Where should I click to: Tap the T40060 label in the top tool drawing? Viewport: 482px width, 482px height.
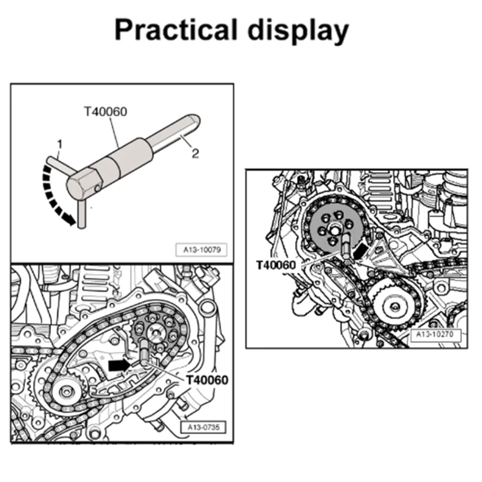tap(105, 112)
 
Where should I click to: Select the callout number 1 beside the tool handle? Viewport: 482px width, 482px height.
tap(59, 143)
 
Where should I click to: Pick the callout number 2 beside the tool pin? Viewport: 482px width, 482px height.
tap(195, 154)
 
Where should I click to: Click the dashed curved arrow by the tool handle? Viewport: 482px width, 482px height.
tap(53, 193)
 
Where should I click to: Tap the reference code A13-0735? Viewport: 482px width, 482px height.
tap(202, 427)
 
